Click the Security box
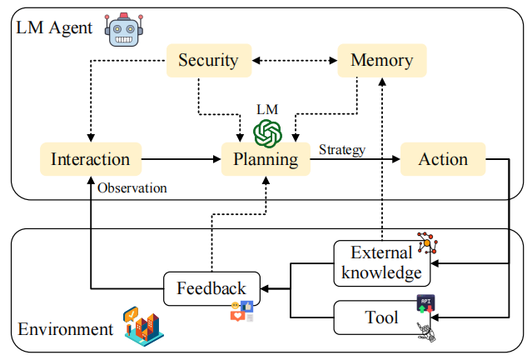click(x=209, y=61)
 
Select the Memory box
click(x=382, y=61)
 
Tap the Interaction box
click(x=91, y=159)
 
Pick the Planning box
click(x=266, y=159)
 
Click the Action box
click(x=443, y=159)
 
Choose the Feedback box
click(x=211, y=288)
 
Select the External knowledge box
click(x=382, y=263)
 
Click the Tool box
click(x=382, y=317)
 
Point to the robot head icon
click(x=124, y=30)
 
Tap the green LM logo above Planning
click(x=268, y=133)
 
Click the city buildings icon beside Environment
click(x=143, y=326)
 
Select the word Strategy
click(x=342, y=150)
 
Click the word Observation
click(x=132, y=187)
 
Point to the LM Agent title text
click(x=54, y=27)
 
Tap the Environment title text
click(x=66, y=329)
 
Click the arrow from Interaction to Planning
click(x=181, y=159)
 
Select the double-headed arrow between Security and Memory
click(x=295, y=61)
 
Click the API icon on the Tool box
click(x=425, y=303)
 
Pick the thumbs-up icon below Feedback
click(x=246, y=307)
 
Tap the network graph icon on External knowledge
click(x=427, y=242)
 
